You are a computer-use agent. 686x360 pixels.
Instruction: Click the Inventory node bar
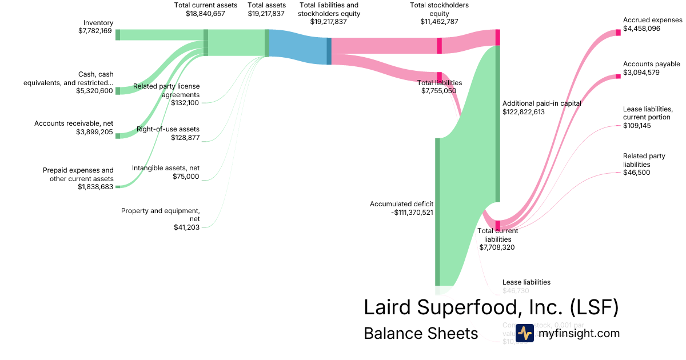point(118,35)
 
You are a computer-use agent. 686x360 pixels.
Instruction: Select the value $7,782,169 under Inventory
point(95,31)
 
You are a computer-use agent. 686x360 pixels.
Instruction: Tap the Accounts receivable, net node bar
point(118,135)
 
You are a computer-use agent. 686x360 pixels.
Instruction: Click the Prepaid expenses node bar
point(118,186)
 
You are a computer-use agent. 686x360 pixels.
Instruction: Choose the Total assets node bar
point(267,43)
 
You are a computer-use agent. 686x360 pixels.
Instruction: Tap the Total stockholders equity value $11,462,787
point(439,22)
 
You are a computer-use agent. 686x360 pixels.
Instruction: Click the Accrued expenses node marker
point(618,32)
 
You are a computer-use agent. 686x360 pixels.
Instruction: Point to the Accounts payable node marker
point(618,76)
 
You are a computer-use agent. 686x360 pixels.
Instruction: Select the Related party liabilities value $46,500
point(636,172)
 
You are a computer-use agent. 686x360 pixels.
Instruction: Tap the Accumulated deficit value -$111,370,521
point(401,212)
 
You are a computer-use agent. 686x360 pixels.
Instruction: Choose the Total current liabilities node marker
point(497,224)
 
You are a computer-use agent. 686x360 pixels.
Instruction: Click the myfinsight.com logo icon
point(524,333)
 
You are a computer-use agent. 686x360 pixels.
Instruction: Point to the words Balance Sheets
point(420,333)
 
